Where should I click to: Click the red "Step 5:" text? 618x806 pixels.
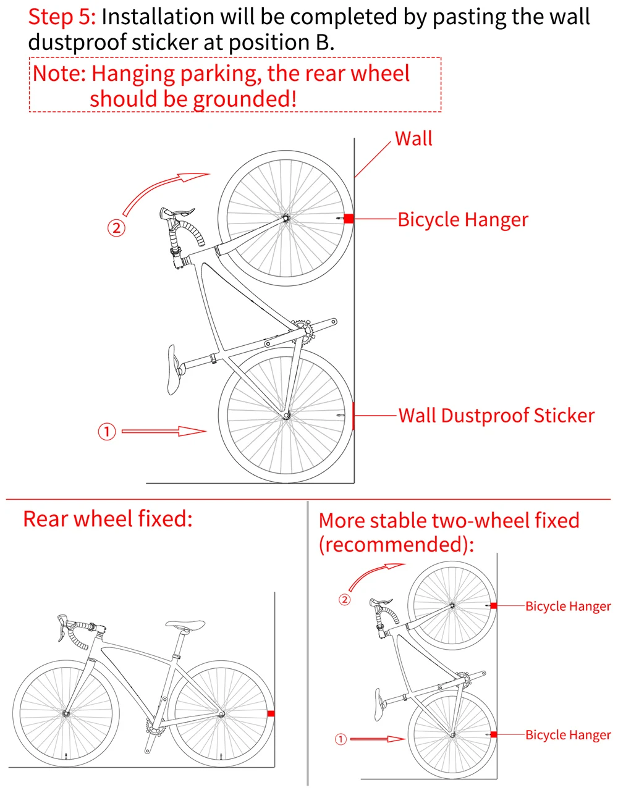coord(62,17)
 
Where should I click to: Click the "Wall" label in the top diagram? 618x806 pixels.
coord(413,139)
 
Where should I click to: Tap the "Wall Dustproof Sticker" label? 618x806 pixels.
coord(497,416)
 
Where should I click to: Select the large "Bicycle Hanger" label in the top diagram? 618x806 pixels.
coord(463,220)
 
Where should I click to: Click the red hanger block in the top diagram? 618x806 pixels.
coord(348,219)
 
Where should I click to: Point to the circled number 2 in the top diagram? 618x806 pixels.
coord(116,228)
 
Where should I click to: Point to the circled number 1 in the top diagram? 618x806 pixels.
coord(107,431)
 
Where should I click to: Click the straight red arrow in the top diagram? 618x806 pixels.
coord(164,431)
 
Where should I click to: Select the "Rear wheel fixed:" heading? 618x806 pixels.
coord(108,519)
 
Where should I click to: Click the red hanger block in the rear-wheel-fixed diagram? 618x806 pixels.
coord(271,713)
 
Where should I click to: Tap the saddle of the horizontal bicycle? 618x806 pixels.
coord(185,624)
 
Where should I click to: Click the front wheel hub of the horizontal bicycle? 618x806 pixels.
coord(66,713)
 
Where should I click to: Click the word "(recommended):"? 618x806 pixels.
coord(396,545)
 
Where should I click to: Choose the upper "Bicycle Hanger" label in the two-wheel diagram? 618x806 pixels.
coord(568,606)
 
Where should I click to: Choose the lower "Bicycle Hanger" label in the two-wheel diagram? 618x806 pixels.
coord(568,735)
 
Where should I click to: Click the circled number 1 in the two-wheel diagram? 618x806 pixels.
coord(341,739)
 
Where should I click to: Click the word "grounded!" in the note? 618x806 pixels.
coord(245,99)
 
